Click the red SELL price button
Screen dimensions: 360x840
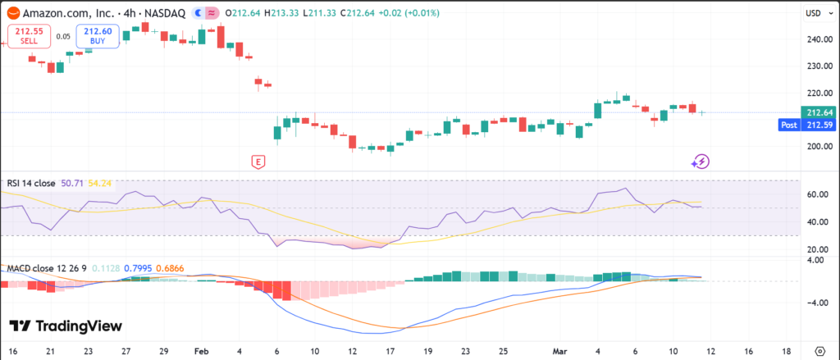coord(24,36)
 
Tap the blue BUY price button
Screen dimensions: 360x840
coord(98,36)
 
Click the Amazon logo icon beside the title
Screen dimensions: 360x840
coord(11,13)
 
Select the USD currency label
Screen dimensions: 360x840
coord(813,13)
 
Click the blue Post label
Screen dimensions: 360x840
coord(788,125)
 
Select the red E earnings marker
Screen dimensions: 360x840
coord(258,162)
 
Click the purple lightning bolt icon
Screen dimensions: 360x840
coord(700,162)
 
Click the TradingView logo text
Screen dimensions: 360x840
coord(66,326)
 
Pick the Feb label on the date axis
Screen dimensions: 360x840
coord(201,349)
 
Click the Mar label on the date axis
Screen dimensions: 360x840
coord(561,349)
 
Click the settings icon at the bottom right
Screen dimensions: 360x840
coord(819,349)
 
